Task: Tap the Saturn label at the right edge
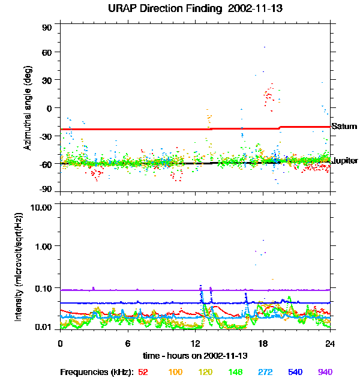tap(344, 127)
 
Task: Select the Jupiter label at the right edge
tap(345, 161)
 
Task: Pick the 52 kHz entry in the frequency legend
tap(143, 372)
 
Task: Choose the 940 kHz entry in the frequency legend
tap(325, 372)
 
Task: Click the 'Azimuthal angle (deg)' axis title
tap(28, 108)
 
